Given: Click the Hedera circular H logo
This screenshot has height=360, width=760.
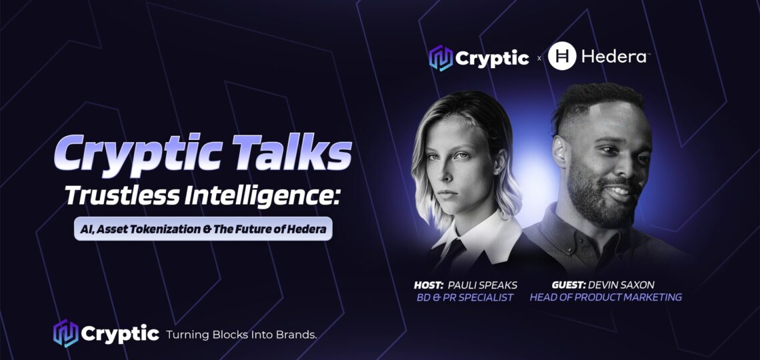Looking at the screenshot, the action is pos(562,56).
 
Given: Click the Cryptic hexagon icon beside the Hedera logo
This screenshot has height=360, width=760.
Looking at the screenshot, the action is pos(441,57).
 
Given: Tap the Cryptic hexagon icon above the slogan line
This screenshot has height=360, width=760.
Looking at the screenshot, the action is pos(65,333).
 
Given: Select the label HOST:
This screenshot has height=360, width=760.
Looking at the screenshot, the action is pos(429,285).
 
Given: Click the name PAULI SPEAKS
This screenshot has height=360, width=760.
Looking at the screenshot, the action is pos(482,285).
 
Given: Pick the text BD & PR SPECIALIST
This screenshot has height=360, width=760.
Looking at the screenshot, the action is pos(465,297).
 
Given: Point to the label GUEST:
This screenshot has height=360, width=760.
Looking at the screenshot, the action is pos(568,285).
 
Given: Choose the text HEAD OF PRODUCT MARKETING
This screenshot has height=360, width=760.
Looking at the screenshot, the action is pos(605,297).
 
